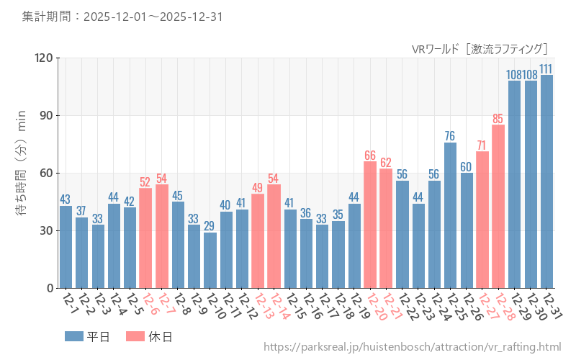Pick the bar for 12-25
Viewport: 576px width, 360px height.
coord(450,215)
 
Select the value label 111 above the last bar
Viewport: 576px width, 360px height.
coord(546,69)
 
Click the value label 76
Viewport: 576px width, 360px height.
coord(450,136)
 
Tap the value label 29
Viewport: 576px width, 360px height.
coord(210,226)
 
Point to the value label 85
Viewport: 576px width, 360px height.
coord(498,119)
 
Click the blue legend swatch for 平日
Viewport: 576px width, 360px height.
coord(74,336)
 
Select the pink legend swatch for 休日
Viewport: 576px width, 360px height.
coord(135,336)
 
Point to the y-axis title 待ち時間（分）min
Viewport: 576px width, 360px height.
coord(22,173)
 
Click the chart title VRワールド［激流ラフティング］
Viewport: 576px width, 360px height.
coord(480,49)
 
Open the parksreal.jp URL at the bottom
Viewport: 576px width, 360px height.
coord(412,348)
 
